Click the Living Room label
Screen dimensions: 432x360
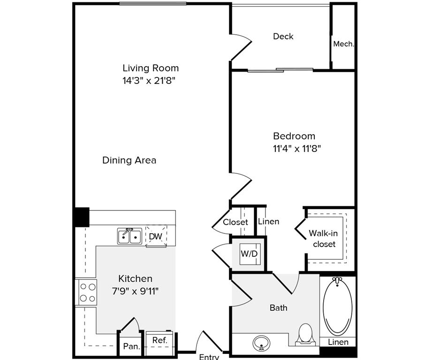[x=151, y=68]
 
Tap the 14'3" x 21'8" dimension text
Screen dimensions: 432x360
[x=149, y=81]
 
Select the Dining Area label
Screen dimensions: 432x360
[x=129, y=160]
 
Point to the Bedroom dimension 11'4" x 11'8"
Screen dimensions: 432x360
[x=297, y=149]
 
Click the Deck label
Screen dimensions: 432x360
[x=283, y=37]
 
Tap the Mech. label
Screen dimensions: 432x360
[x=343, y=44]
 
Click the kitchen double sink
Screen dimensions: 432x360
[x=129, y=236]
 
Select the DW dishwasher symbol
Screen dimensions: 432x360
[x=156, y=236]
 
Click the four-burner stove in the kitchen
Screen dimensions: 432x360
[x=86, y=292]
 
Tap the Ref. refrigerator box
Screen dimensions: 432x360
[x=159, y=343]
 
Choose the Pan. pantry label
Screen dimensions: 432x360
[x=131, y=346]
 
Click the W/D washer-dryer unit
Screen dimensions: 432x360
[x=250, y=254]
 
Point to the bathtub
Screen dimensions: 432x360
[x=338, y=307]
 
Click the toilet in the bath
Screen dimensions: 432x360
[x=305, y=335]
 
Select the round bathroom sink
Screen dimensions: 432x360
[x=261, y=343]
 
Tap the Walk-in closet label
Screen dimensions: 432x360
[x=324, y=239]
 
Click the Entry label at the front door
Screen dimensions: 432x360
[x=209, y=357]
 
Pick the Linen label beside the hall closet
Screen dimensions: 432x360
[x=269, y=222]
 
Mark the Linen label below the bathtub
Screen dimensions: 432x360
[x=338, y=342]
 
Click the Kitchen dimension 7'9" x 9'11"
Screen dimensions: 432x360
[x=135, y=291]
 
